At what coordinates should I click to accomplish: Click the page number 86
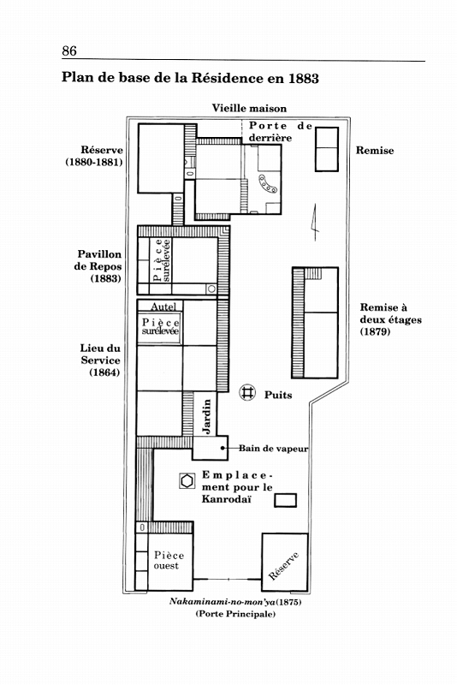pyautogui.click(x=69, y=51)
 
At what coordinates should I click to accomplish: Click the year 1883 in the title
pyautogui.click(x=304, y=78)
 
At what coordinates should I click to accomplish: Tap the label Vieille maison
pyautogui.click(x=249, y=108)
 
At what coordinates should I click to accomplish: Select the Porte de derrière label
pyautogui.click(x=281, y=132)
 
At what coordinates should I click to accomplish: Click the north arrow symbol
pyautogui.click(x=314, y=222)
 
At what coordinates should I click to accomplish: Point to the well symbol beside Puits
pyautogui.click(x=247, y=392)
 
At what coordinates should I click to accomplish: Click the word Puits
pyautogui.click(x=278, y=395)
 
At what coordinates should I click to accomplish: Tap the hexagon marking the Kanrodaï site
pyautogui.click(x=187, y=480)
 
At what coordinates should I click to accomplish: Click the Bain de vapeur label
pyautogui.click(x=273, y=448)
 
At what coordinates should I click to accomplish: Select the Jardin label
pyautogui.click(x=206, y=416)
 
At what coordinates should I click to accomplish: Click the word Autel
pyautogui.click(x=163, y=307)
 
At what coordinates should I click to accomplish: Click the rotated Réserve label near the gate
pyautogui.click(x=284, y=566)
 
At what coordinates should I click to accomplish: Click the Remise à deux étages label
pyautogui.click(x=390, y=319)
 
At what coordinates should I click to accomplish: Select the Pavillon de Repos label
pyautogui.click(x=98, y=266)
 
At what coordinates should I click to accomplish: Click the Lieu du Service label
pyautogui.click(x=100, y=360)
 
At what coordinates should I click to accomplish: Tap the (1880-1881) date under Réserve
pyautogui.click(x=94, y=162)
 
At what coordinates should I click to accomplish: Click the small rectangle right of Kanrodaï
pyautogui.click(x=286, y=500)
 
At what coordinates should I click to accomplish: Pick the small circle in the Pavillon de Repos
pyautogui.click(x=211, y=289)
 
